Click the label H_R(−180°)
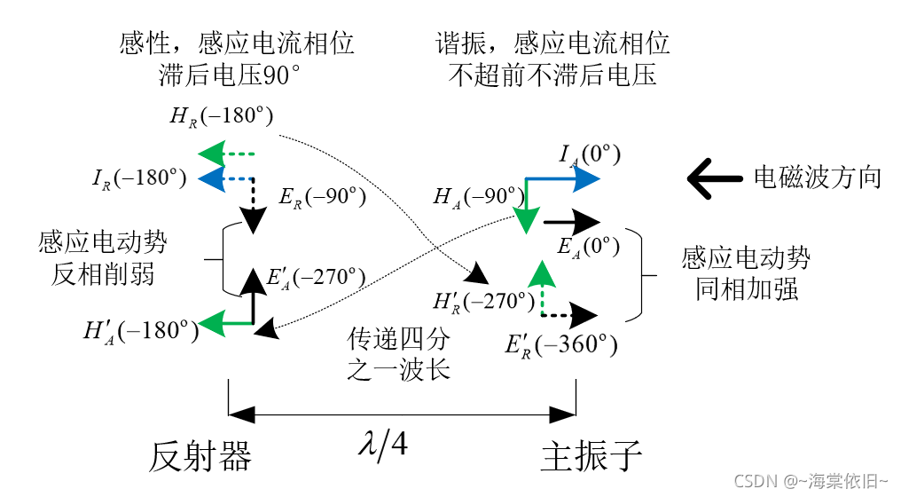222,116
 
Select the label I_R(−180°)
139,177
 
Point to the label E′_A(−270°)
316,277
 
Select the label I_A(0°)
590,154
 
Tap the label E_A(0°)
590,246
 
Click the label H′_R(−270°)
483,300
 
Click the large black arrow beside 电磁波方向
714,177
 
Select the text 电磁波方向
817,177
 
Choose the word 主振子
591,455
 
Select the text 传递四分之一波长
399,352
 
